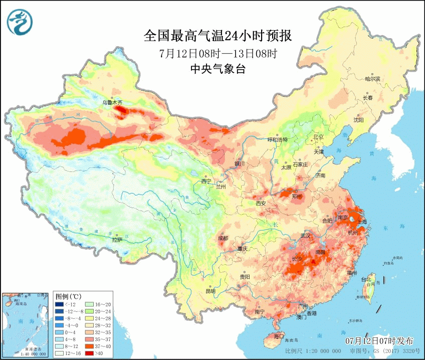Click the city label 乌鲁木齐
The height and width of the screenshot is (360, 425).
(113, 102)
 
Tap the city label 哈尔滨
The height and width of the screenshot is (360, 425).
(372, 79)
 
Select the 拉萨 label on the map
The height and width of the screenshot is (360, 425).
(117, 240)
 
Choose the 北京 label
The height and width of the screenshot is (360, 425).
(318, 137)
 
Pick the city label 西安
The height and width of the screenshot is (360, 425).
(261, 203)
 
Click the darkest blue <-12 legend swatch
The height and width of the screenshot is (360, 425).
(59, 304)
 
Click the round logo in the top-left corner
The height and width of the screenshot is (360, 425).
(20, 23)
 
